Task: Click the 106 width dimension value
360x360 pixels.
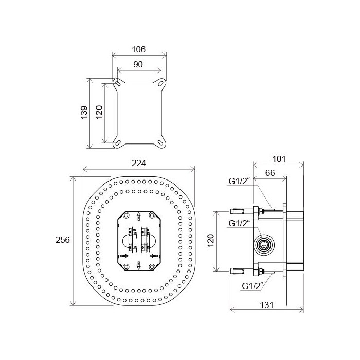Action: point(138,49)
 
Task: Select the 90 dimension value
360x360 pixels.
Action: point(138,64)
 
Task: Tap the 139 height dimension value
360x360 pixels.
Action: point(84,112)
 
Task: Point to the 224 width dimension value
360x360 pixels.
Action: point(139,163)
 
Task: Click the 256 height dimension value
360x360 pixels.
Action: point(62,240)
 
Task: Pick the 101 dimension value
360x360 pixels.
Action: point(279,159)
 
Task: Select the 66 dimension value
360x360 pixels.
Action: point(270,173)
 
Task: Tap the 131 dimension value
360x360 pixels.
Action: point(267,305)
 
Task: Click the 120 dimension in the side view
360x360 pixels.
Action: point(210,240)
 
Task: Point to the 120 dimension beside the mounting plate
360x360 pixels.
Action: point(99,112)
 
